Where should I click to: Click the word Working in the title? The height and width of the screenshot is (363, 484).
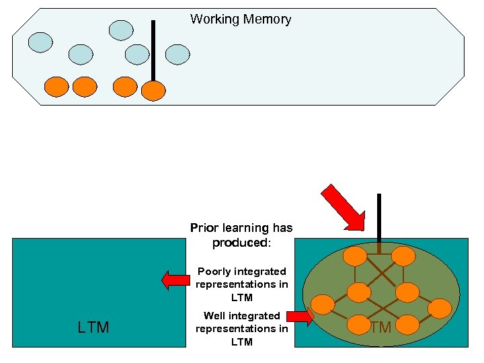coord(214,19)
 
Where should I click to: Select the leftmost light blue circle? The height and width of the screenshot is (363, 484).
coord(40,42)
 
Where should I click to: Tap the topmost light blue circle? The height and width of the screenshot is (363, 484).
coord(122,30)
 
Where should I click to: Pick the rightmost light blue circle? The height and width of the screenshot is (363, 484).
coord(177,54)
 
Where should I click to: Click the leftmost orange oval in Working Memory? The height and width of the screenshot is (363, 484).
coord(56,86)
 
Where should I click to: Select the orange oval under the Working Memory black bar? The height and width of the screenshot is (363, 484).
coord(154,90)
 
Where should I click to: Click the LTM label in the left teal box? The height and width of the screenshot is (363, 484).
coord(93,327)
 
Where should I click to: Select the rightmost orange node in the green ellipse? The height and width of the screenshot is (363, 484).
coord(440,309)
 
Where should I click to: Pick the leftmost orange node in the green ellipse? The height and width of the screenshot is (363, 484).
coord(323,305)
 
